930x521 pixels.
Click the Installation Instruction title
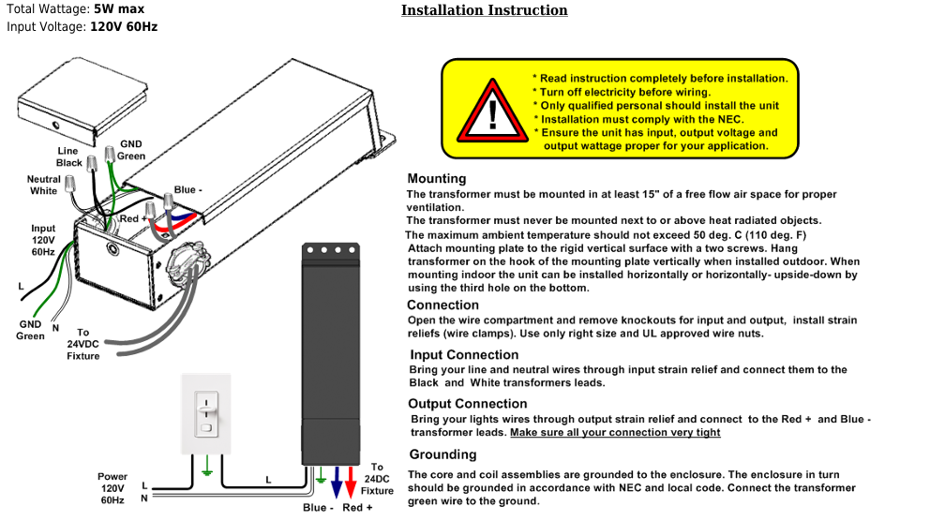coord(484,10)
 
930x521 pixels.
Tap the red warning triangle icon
coord(492,112)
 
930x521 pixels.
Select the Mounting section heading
coord(437,178)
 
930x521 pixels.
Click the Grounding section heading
coord(442,454)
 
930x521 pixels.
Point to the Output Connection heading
coord(468,404)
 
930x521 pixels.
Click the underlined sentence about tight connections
coord(615,433)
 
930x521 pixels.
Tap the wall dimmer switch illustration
coord(206,414)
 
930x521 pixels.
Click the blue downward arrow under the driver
coord(337,482)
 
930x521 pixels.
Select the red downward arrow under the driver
coord(351,482)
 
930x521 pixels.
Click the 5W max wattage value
coord(119,8)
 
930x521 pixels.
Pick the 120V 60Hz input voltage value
coord(124,26)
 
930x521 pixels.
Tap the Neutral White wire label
coord(43,185)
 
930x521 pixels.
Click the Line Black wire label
coord(68,157)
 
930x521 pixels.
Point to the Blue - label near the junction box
coord(188,189)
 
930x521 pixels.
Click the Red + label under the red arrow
coord(357,507)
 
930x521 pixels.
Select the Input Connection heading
coord(464,354)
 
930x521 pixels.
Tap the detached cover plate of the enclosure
coord(82,102)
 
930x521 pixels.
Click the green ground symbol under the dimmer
coord(206,466)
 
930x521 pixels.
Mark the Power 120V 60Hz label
coord(112,488)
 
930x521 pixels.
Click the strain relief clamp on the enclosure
coord(188,261)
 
